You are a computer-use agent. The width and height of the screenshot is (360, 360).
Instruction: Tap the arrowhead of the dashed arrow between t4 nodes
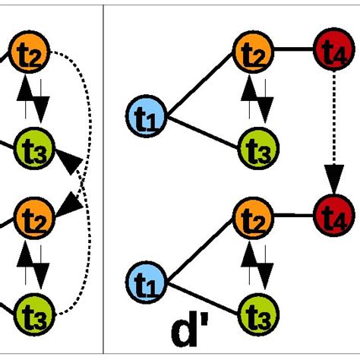point(332,182)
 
